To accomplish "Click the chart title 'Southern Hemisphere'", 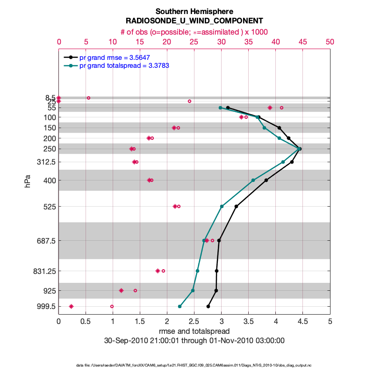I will coord(194,11).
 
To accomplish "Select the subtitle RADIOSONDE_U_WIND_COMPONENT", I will coord(194,21).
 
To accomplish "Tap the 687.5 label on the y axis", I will coord(46,241).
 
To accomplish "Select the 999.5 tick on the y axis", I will coord(46,307).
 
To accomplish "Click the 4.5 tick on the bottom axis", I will coord(303,322).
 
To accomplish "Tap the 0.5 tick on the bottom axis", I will coord(86,322).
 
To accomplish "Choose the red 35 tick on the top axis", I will coord(249,42).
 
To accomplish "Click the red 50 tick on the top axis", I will coord(330,42).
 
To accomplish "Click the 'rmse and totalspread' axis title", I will coord(194,331).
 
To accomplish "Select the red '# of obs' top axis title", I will coord(194,31).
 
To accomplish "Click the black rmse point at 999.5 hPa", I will coord(208,307).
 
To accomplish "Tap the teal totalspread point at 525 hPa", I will coord(222,206).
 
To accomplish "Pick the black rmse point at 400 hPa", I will coord(266,180).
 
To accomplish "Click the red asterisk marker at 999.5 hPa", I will coord(71,307).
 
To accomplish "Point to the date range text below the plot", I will coord(194,340).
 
